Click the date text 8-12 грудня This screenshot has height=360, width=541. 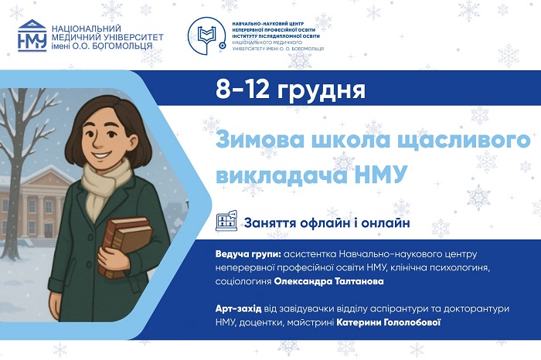291,90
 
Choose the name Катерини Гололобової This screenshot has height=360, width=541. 397,321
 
